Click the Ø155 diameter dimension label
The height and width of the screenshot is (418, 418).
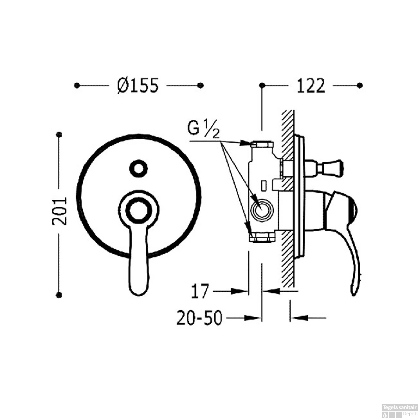[138, 85]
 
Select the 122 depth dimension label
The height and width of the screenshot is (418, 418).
[311, 86]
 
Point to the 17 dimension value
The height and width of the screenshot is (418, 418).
[200, 291]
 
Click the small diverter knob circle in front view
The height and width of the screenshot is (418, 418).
[138, 168]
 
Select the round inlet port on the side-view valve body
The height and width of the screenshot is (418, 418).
[261, 210]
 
